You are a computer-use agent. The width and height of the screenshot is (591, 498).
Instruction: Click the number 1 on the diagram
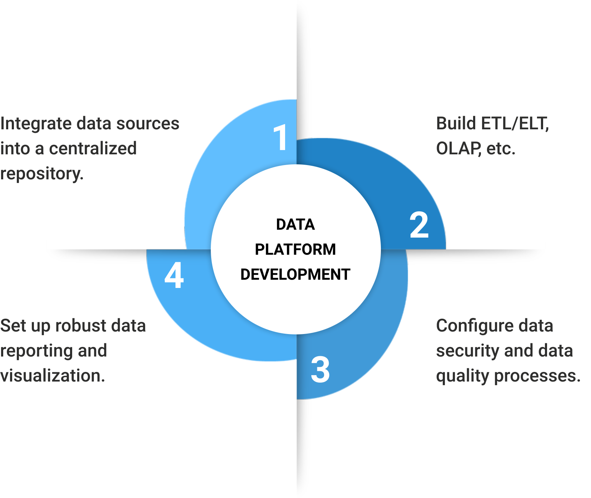281,138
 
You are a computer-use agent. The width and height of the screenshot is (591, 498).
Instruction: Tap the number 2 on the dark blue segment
419,225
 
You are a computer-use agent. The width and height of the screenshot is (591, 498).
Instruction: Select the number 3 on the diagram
320,369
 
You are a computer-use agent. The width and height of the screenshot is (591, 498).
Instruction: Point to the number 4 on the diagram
174,275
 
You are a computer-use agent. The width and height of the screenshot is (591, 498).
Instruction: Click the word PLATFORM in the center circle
295,249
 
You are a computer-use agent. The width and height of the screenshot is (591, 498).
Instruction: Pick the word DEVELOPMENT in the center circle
295,274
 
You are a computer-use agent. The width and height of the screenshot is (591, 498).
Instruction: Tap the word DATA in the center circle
295,224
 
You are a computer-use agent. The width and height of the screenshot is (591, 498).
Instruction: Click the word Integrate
36,124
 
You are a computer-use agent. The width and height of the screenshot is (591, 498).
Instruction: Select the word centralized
93,149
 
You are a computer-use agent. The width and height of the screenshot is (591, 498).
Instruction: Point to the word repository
41,174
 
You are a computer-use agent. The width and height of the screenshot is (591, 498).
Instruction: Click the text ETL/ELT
515,124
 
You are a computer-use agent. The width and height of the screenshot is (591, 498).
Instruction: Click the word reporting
36,351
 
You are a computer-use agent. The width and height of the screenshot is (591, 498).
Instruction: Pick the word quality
462,376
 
